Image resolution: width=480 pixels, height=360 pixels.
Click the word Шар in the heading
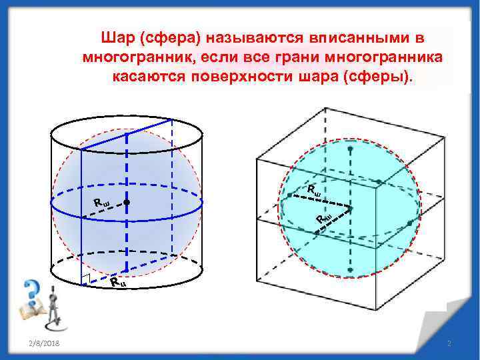pos(115,37)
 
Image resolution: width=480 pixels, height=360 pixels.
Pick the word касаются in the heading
pos(148,75)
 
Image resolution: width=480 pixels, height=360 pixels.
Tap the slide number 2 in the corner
pos(449,343)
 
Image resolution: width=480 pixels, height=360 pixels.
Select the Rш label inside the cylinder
pos(101,202)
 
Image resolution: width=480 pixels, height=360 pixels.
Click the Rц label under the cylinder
pos(117,283)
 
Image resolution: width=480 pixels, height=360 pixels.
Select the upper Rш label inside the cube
pos(314,190)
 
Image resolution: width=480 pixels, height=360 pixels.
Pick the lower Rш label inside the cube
pos(324,218)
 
